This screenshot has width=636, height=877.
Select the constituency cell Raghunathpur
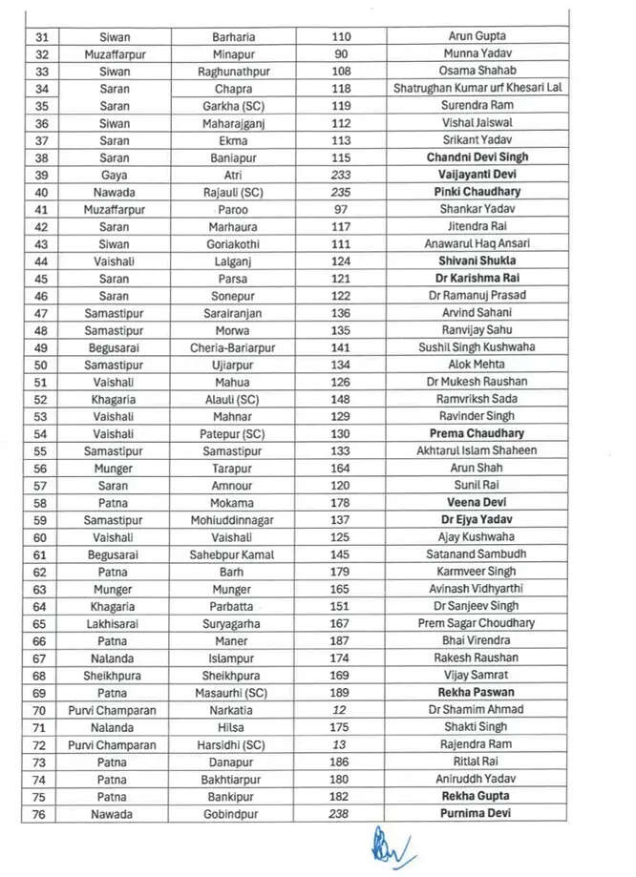click(233, 71)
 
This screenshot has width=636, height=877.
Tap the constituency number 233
click(341, 175)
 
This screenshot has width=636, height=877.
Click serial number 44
click(41, 261)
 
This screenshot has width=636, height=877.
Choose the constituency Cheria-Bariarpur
click(233, 347)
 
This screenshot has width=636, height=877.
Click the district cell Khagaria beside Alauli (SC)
click(114, 399)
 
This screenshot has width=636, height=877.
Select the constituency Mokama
click(233, 503)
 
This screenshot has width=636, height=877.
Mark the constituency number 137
click(341, 520)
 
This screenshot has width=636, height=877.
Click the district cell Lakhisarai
click(114, 623)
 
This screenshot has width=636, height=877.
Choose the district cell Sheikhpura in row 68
click(114, 675)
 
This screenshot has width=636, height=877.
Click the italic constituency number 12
click(341, 710)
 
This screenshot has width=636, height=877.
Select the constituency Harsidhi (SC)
click(233, 744)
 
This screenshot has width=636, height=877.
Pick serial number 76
click(41, 813)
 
